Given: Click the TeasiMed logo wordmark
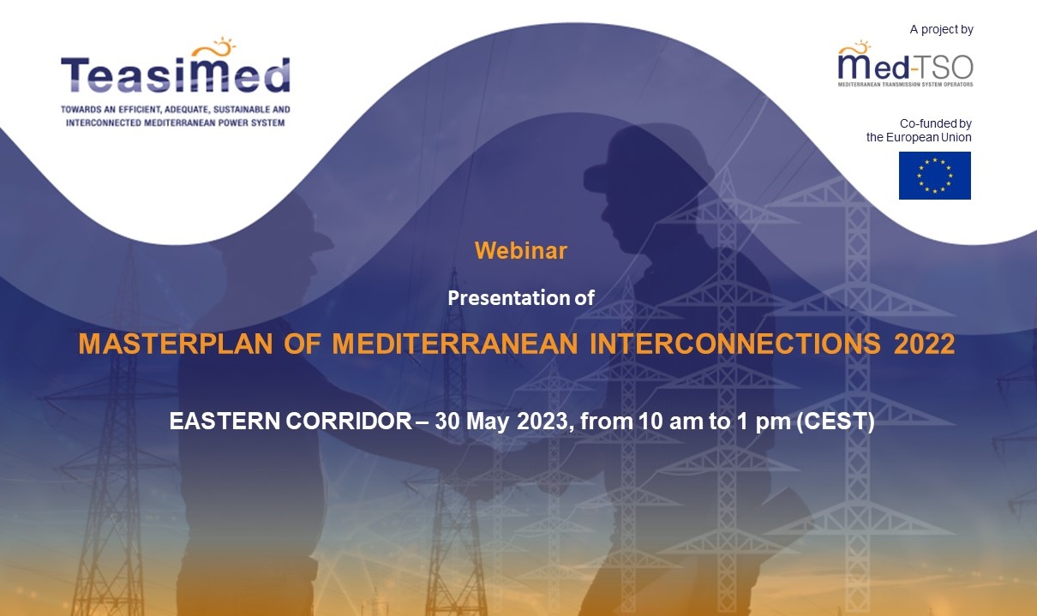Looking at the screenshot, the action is [176, 75].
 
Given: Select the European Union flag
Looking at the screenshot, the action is [935, 176].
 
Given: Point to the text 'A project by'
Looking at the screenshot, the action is [941, 29].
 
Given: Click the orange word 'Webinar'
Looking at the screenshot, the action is [521, 250].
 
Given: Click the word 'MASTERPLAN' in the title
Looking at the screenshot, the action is [176, 344].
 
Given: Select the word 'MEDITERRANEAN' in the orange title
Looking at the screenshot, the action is [455, 344].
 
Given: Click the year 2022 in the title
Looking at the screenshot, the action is [924, 344].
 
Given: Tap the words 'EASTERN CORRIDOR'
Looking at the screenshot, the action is [291, 422].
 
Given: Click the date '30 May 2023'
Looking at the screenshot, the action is [501, 422].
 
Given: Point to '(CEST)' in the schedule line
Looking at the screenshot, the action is [836, 422].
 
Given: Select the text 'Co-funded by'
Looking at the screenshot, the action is [936, 123].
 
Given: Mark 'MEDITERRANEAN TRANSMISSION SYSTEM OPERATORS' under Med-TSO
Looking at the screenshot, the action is [906, 84].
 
